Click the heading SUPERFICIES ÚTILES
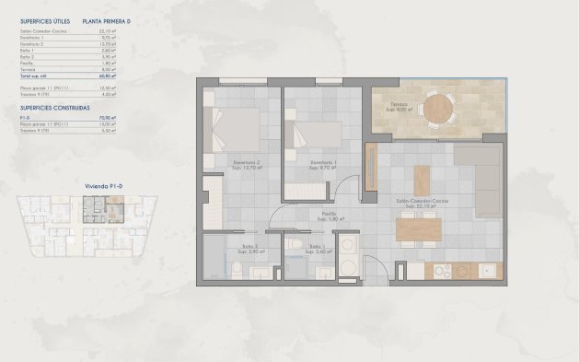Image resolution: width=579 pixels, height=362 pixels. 44,19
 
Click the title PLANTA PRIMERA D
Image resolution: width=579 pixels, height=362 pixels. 109,19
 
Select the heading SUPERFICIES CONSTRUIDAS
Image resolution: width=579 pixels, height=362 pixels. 55,107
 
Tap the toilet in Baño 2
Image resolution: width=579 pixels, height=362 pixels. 237,269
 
